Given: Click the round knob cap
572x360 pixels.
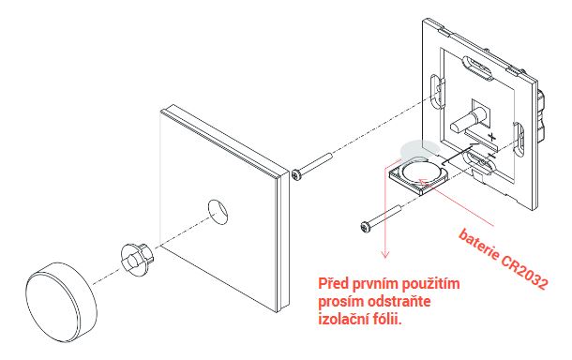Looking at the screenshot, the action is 61,301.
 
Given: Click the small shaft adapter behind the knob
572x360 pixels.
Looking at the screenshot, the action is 136,258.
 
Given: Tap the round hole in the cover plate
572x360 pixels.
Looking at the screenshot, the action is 218,211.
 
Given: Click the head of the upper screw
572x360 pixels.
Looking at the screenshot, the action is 296,174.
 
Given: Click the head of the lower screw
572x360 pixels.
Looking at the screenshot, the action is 365,227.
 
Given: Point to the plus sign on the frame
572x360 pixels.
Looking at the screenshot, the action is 492,137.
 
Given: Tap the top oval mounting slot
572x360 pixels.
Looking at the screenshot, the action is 477,67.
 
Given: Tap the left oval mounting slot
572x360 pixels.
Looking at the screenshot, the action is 437,90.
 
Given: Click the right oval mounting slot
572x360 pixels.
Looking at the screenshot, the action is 519,140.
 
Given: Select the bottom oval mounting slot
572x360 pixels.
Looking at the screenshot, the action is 479,161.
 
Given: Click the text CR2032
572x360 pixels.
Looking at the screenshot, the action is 524,271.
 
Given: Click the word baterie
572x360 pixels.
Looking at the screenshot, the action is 479,245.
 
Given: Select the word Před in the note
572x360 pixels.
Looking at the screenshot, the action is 331,283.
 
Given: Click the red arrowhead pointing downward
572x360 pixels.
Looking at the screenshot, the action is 385,254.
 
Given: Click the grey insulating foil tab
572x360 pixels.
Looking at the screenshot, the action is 419,150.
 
